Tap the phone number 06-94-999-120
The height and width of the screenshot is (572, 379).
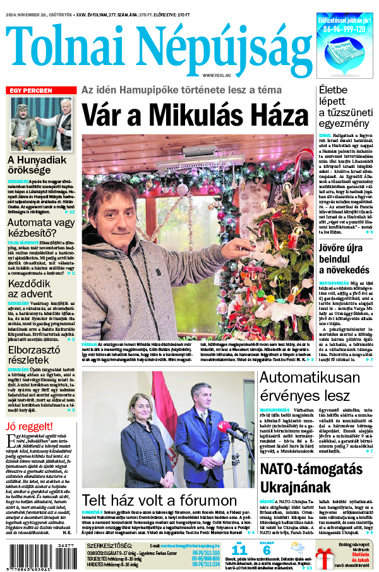(x=344, y=29)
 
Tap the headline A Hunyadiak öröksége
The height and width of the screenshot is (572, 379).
(x=37, y=166)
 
